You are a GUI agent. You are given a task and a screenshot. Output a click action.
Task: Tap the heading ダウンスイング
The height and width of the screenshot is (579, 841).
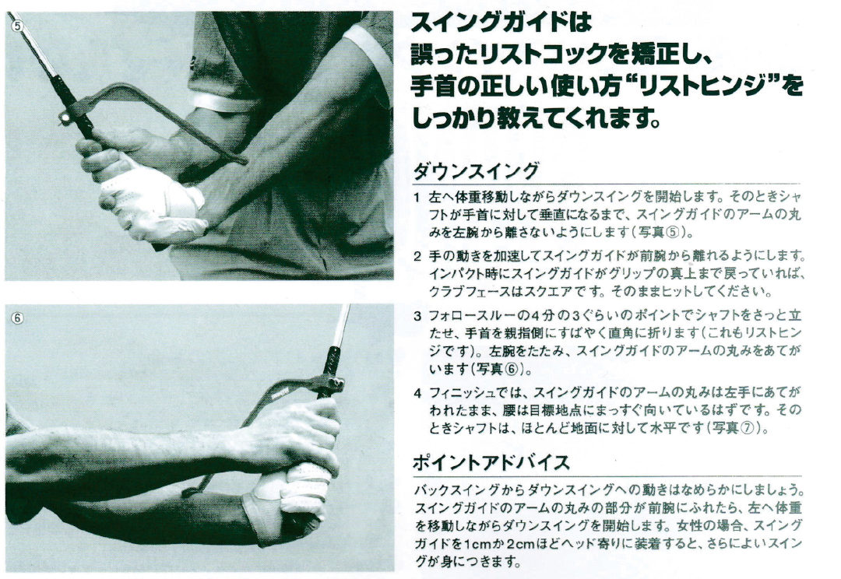pos(476,170)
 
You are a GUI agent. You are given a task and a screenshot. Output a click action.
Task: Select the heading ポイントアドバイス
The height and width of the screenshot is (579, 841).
pos(491,462)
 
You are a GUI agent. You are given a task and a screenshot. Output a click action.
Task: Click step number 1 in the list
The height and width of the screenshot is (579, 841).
pos(418,198)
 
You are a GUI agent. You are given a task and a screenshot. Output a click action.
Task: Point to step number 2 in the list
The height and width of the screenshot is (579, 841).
pos(418,256)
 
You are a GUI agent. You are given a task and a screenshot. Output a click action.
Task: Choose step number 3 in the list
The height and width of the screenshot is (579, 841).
pos(418,315)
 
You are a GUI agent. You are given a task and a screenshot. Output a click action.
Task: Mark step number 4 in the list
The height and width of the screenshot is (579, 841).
pos(418,391)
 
